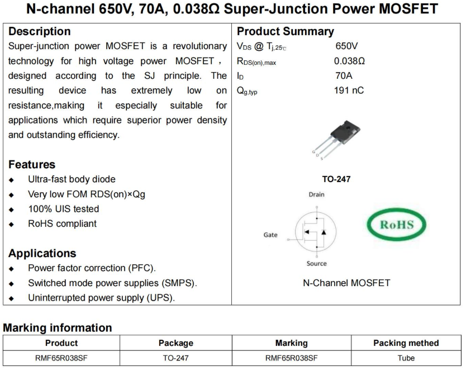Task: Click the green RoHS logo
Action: point(397,225)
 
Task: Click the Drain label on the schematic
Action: point(316,195)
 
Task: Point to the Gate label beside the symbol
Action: point(270,235)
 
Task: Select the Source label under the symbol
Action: point(316,264)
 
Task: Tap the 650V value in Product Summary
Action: point(347,46)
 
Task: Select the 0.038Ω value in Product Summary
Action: point(349,61)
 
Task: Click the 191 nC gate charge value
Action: point(349,90)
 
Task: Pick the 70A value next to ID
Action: point(343,75)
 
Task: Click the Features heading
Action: point(32,164)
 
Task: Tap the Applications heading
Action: point(42,253)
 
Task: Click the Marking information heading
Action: point(58,328)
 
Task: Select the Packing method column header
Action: point(406,343)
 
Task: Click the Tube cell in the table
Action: point(406,358)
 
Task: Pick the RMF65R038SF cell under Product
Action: point(61,358)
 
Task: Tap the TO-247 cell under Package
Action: point(176,358)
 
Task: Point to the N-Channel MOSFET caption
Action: point(346,283)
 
